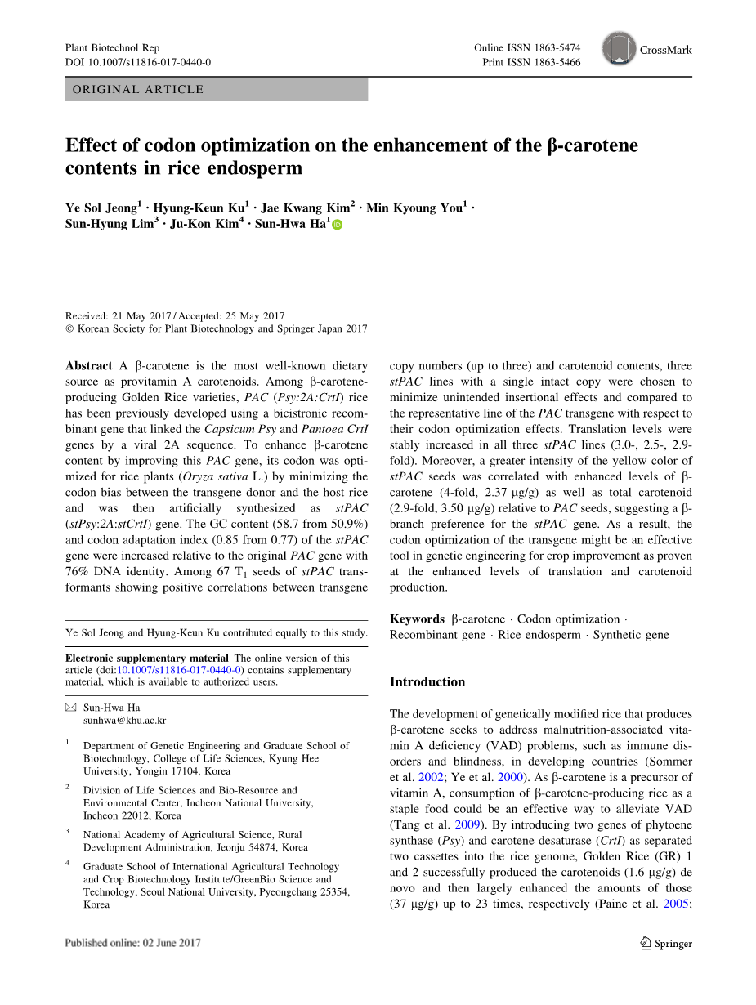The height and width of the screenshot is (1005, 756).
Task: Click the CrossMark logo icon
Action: (620, 49)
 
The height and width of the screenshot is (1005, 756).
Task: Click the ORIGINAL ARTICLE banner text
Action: (138, 90)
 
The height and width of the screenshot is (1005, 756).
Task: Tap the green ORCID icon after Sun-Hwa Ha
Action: (338, 225)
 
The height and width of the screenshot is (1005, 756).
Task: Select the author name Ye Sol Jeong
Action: (101, 208)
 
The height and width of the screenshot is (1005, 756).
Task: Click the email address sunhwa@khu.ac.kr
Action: (124, 721)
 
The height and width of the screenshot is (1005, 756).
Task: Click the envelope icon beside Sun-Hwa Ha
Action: (70, 707)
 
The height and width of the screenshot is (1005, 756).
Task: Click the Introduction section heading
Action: (427, 681)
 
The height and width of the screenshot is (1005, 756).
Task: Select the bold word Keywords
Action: (417, 619)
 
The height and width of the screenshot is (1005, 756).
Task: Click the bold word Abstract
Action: (89, 366)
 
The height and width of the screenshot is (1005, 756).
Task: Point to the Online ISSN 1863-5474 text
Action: (527, 48)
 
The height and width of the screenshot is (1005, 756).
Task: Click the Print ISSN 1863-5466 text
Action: (531, 62)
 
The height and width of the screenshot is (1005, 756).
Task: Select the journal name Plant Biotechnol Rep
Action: (113, 48)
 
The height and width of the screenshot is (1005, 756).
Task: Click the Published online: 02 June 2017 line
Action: (132, 943)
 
